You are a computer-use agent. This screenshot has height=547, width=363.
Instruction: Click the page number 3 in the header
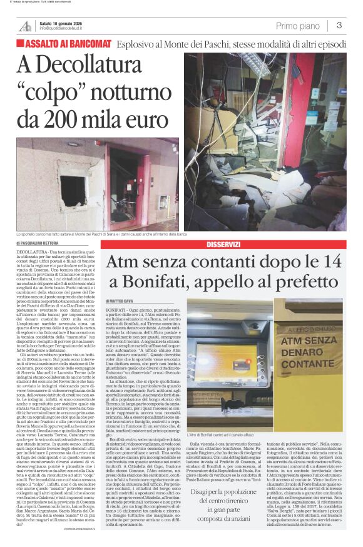[339, 26]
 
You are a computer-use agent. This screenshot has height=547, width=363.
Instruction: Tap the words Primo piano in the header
[297, 26]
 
